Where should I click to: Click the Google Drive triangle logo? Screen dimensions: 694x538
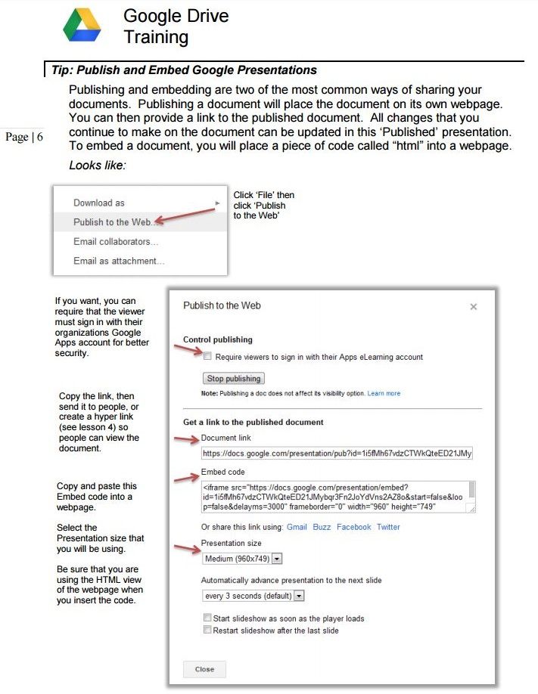click(x=82, y=25)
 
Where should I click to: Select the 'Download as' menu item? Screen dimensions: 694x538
click(x=99, y=203)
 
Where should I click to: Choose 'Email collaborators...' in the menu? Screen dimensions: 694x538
click(x=116, y=242)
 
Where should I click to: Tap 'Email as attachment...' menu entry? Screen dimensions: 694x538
click(x=119, y=261)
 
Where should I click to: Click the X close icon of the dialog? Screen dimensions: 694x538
click(x=474, y=307)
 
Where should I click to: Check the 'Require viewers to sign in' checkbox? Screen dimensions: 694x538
click(x=207, y=355)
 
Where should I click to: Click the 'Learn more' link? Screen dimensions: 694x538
click(x=384, y=394)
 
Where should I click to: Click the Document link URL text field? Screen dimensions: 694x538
click(x=337, y=454)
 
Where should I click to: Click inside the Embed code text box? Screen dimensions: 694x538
click(x=333, y=497)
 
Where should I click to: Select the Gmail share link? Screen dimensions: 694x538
click(x=297, y=527)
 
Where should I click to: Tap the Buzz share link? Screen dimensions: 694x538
click(x=322, y=527)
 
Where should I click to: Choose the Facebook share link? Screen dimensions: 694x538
click(x=353, y=527)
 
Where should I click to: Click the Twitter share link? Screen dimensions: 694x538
click(x=388, y=527)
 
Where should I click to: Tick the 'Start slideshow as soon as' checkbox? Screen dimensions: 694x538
click(x=207, y=618)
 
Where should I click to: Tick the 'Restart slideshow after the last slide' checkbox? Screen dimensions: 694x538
click(x=207, y=630)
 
